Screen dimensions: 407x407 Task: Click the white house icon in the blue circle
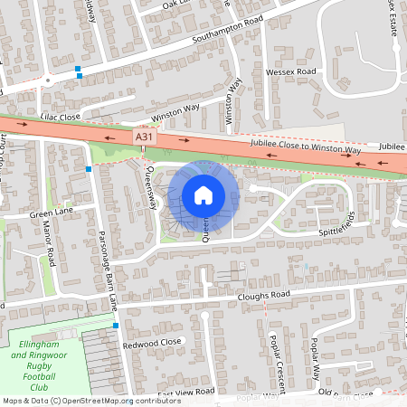click(203, 195)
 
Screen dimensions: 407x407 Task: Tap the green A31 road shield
click(142, 136)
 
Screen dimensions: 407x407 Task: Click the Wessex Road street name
click(290, 71)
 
